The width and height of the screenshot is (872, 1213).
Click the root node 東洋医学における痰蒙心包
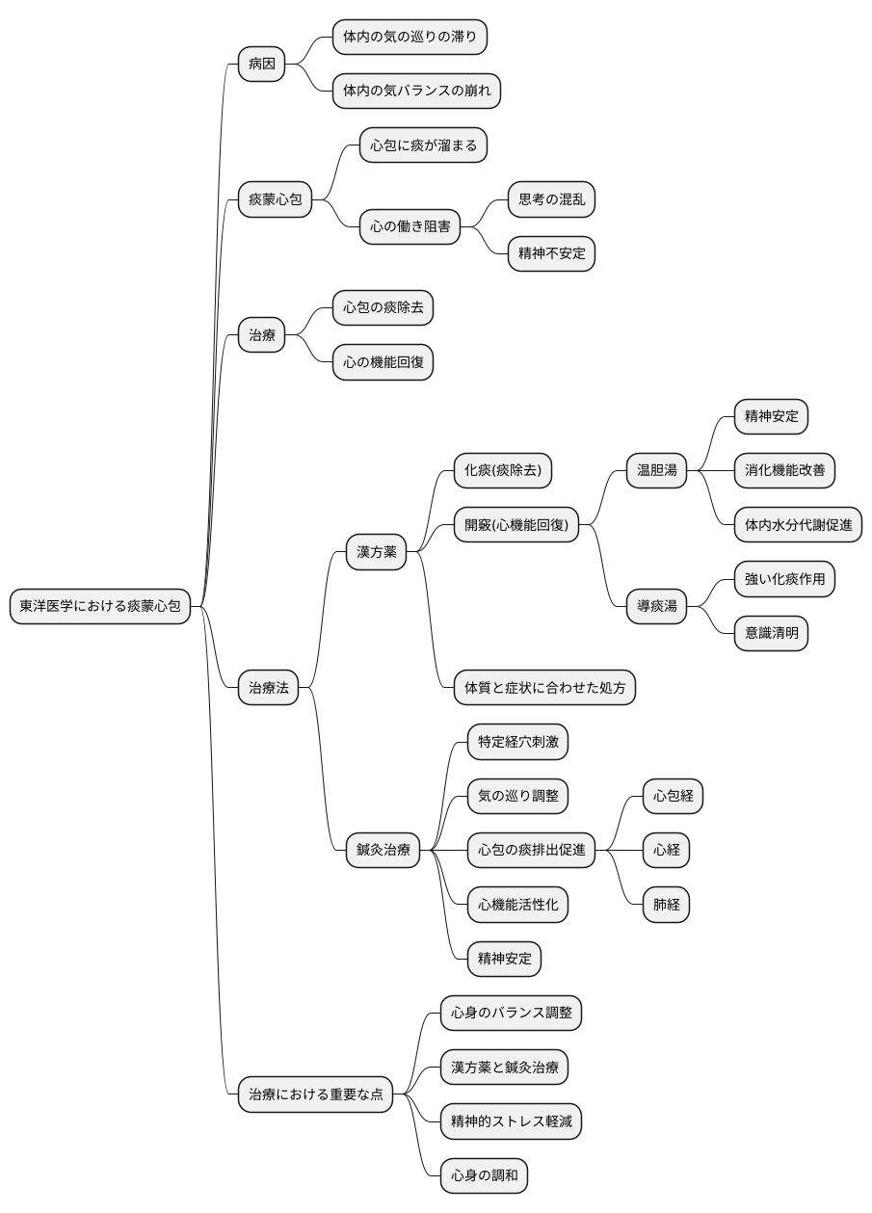click(x=100, y=606)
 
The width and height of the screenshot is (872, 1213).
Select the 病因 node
click(x=262, y=64)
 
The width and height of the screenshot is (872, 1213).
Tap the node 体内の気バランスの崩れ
click(x=416, y=91)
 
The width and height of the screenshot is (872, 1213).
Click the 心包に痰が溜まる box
click(x=423, y=145)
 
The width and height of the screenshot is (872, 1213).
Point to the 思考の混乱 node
click(x=551, y=199)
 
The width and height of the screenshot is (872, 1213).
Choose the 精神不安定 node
click(x=551, y=253)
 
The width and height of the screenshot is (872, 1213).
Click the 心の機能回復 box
click(x=383, y=361)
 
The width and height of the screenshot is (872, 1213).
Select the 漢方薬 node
click(x=377, y=552)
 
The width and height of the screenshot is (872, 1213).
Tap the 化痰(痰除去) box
click(x=503, y=470)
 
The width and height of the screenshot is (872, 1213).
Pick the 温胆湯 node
click(x=656, y=470)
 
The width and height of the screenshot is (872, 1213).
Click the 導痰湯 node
click(x=656, y=606)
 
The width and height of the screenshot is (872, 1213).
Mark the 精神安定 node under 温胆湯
click(x=771, y=416)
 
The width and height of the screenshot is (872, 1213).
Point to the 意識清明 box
click(x=771, y=633)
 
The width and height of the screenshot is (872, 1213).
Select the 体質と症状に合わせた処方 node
click(x=544, y=687)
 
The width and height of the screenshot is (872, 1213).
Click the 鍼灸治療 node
click(x=383, y=850)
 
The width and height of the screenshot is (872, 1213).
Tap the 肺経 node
click(x=666, y=905)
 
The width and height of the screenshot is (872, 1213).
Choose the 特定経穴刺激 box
click(x=517, y=742)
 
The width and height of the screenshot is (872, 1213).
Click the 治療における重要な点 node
click(x=315, y=1094)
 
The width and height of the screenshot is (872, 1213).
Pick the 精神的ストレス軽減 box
click(x=511, y=1121)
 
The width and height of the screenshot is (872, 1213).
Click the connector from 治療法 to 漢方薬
click(x=322, y=620)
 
